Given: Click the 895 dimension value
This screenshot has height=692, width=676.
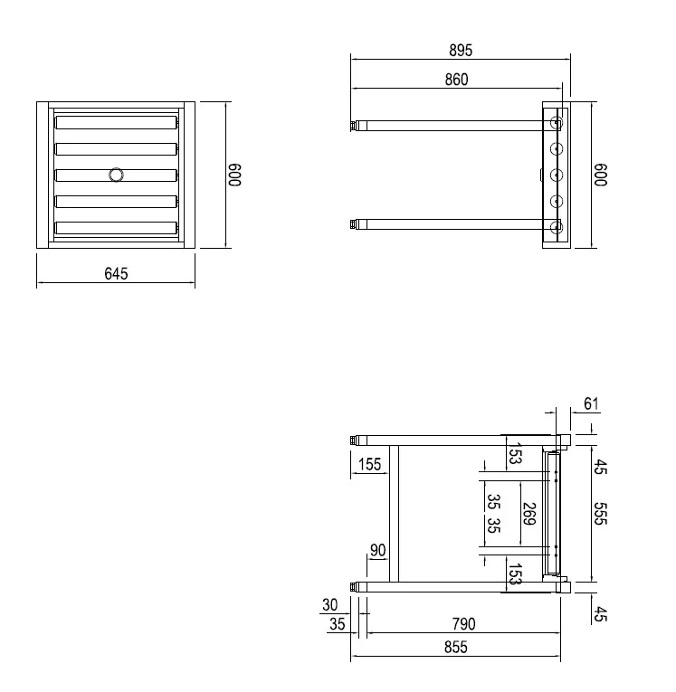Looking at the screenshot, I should [461, 50].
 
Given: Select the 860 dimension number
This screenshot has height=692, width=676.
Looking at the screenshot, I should [456, 80].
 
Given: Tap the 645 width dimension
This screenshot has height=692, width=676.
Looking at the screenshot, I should [116, 273].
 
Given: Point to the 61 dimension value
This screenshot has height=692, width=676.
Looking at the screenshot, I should [592, 403].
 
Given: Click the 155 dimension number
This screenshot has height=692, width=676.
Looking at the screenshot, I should [369, 465].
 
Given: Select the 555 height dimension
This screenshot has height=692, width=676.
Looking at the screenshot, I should [600, 514].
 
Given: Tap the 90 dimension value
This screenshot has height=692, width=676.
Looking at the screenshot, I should [377, 550].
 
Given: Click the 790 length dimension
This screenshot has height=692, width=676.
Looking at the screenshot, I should [462, 623].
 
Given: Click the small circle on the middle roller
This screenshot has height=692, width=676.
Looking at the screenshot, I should [116, 175].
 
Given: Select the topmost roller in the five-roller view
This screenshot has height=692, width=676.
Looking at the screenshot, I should [116, 122].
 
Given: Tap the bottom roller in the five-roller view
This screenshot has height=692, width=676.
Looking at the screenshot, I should [116, 228].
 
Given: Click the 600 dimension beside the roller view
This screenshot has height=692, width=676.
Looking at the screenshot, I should [235, 175].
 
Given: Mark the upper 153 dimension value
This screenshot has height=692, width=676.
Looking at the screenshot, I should [514, 454].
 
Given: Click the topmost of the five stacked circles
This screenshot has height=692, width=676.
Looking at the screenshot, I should [557, 122].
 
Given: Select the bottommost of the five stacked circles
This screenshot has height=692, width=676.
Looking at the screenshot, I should [557, 226].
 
